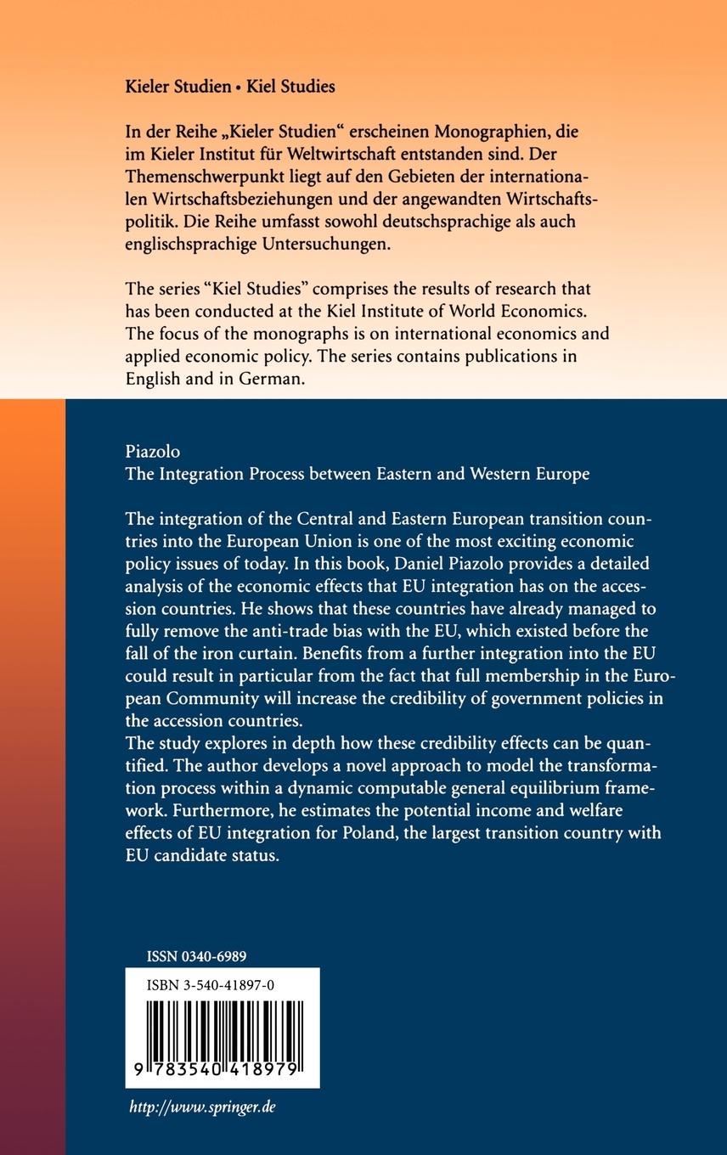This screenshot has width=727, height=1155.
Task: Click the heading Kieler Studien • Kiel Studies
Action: (x=230, y=87)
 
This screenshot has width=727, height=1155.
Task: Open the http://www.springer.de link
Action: (x=202, y=1107)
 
